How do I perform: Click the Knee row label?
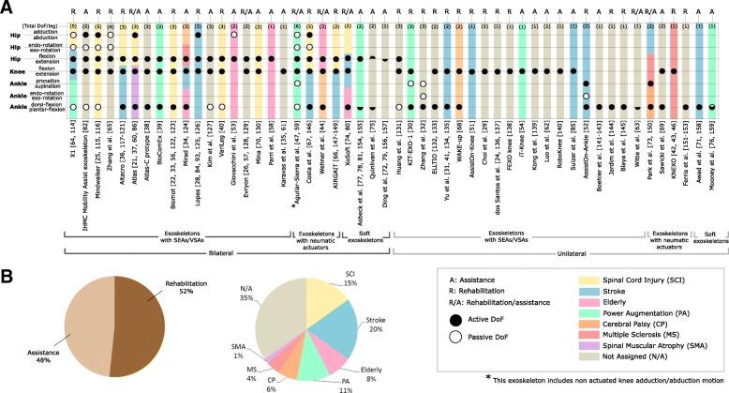click(15, 70)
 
